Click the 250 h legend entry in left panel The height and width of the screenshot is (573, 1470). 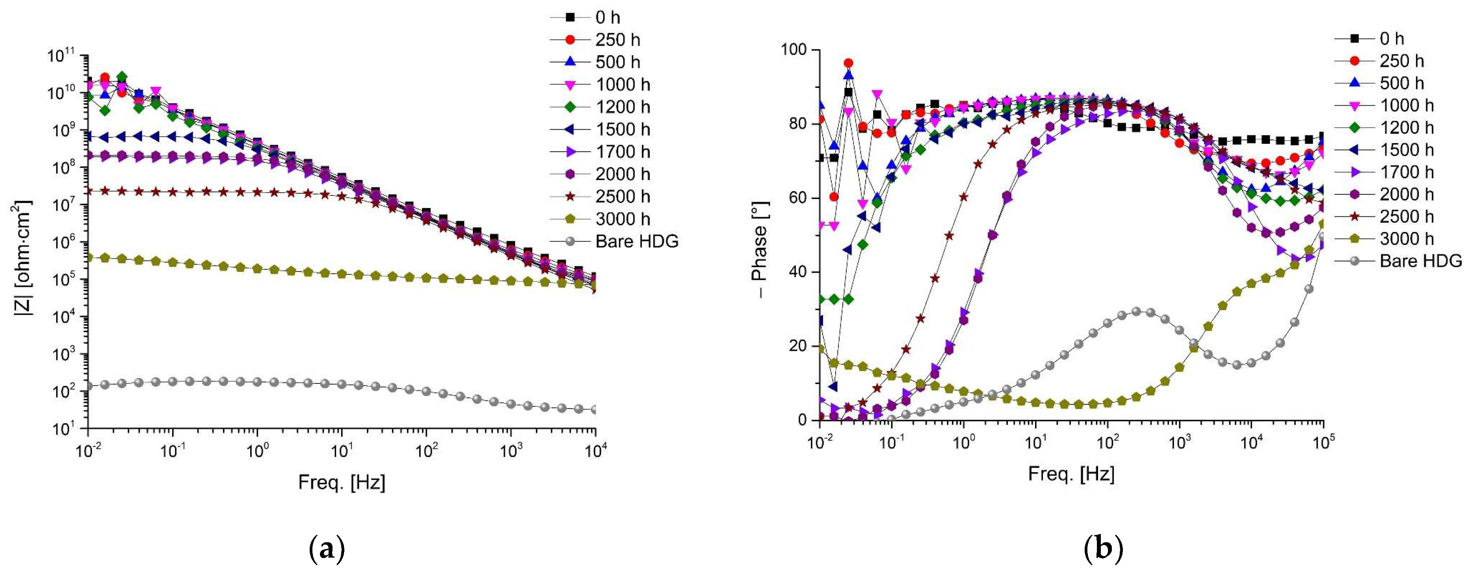[617, 40]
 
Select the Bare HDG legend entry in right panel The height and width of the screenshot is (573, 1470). [1420, 261]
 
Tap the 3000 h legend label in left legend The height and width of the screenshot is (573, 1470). [623, 219]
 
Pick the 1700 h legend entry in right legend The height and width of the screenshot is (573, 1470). [1407, 172]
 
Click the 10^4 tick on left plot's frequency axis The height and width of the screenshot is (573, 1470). [595, 451]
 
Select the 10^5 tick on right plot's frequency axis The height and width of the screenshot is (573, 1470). [1323, 442]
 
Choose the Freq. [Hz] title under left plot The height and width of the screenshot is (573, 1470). [341, 483]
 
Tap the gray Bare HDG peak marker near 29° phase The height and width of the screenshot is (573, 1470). [1135, 312]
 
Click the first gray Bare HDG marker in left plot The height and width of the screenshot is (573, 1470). [88, 386]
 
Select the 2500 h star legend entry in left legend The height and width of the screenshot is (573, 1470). [623, 196]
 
